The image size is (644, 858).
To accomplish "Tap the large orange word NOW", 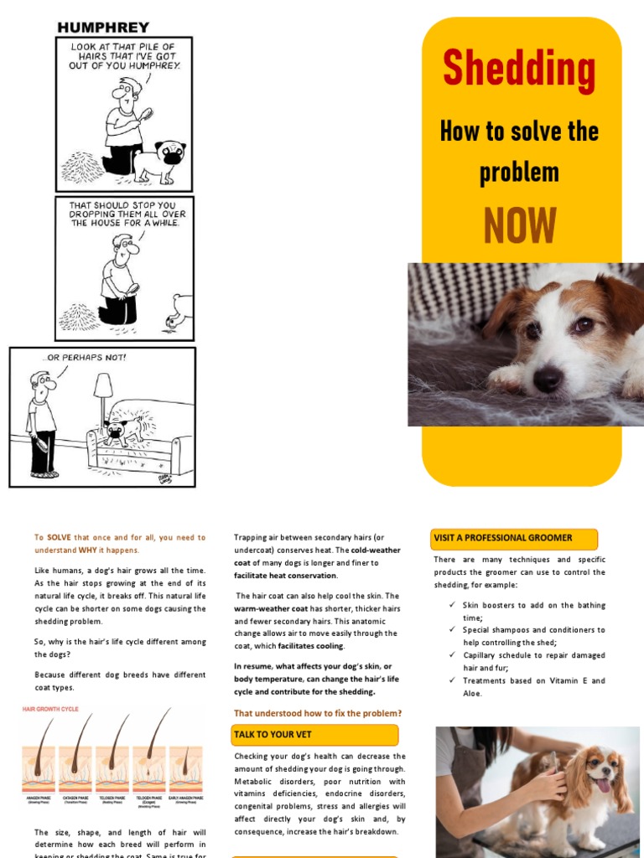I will [x=519, y=225].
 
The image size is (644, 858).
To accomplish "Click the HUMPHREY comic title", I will [x=103, y=28].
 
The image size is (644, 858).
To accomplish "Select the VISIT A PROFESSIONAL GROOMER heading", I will [x=503, y=538].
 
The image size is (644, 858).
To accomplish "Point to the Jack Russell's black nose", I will [x=548, y=379].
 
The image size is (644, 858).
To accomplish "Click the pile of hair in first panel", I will [x=83, y=166].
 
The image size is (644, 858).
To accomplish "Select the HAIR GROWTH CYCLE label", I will [x=50, y=710].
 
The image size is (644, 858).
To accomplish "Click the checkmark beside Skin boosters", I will [x=452, y=605].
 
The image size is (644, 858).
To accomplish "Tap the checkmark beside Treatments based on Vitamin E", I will [x=452, y=680].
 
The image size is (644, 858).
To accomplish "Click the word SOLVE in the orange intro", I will [x=59, y=538].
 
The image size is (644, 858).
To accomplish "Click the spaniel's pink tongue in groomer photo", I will [x=601, y=785].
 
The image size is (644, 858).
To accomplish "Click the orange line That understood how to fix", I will [x=317, y=713].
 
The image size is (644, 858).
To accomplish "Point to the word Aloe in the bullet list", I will [x=473, y=694].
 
